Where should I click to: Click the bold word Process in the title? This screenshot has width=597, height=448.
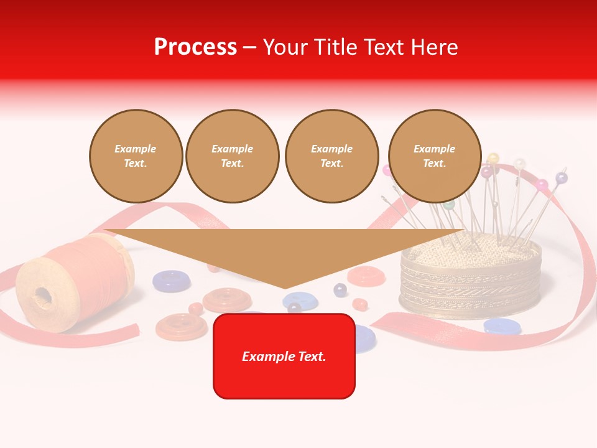point(195,47)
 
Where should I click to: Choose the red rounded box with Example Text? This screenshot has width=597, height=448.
point(284,356)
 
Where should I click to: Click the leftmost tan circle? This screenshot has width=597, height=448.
point(136,156)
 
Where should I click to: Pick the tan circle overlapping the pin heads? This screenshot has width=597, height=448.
point(435,156)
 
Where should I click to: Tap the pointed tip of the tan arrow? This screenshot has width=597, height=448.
point(285,287)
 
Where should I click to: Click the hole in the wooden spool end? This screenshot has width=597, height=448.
point(43,294)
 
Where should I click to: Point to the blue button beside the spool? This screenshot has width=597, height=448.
point(172,281)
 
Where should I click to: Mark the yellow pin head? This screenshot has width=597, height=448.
point(493,158)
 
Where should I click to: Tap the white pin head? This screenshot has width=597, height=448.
point(519,164)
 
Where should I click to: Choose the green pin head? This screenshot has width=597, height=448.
point(449,204)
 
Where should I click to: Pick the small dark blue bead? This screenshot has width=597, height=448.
point(340,289)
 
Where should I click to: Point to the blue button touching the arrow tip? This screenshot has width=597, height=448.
point(300,301)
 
